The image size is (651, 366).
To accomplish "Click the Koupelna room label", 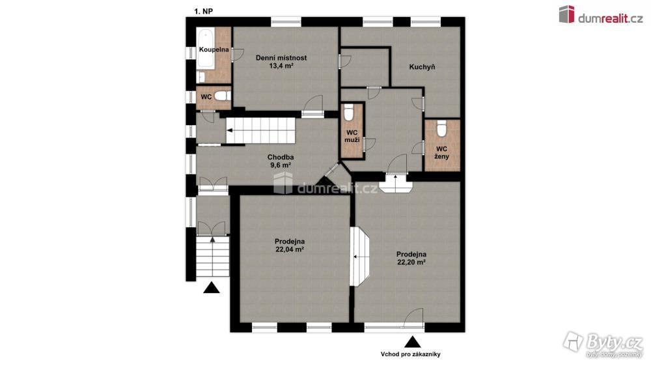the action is [214, 49].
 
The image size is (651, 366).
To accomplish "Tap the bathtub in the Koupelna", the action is [205, 49].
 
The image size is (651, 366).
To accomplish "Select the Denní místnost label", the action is [281, 58].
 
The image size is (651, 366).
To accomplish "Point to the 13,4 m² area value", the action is [281, 66].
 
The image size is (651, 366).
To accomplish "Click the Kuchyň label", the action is [422, 67].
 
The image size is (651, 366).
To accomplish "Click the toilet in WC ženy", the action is [442, 128].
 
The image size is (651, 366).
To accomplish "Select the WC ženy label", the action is [442, 152].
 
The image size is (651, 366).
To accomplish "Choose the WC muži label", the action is [352, 136].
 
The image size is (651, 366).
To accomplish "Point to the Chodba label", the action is [281, 158].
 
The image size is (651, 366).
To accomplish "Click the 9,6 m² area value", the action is [281, 165].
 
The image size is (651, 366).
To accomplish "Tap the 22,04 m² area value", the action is [290, 249].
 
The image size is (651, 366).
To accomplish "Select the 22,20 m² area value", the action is [411, 262].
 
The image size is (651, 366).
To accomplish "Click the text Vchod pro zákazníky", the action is [411, 354].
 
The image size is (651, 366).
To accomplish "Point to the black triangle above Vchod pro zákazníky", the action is [412, 342].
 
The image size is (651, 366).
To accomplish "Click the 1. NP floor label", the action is [203, 12].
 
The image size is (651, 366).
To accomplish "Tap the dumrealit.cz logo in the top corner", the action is [601, 15].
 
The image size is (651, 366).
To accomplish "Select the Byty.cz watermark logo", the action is [603, 344].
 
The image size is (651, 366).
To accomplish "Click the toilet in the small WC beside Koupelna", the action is [223, 96].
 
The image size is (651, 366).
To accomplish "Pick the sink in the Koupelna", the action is [201, 77].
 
